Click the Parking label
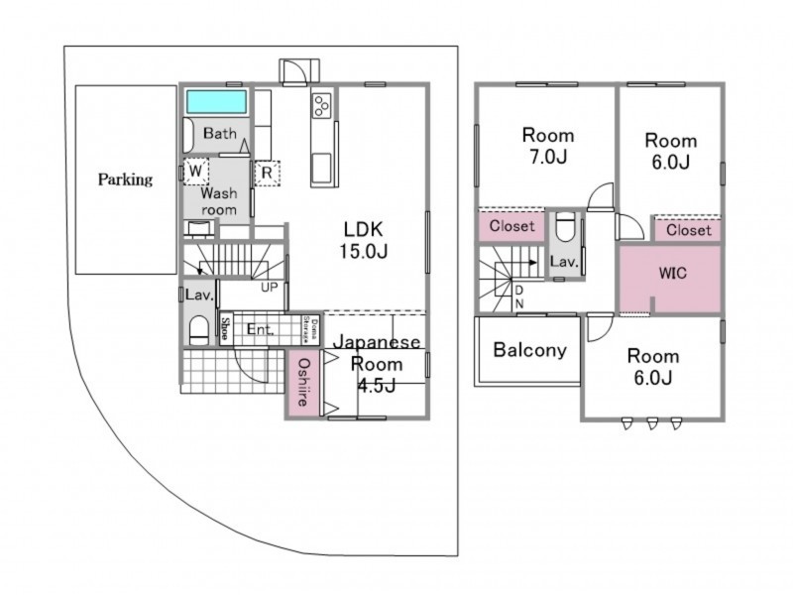point(125,179)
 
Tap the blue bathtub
point(218,102)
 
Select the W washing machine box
point(195,172)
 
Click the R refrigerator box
point(266,173)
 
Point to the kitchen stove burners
point(322,105)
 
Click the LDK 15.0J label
point(365,238)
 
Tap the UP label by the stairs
point(269,288)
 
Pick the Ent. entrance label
point(260,329)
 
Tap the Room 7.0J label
point(547,145)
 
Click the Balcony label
point(529,350)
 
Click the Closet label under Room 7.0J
point(511,226)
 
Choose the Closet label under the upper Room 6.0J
point(688,230)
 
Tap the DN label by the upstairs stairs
point(518,296)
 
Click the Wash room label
point(219,202)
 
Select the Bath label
point(218,133)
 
